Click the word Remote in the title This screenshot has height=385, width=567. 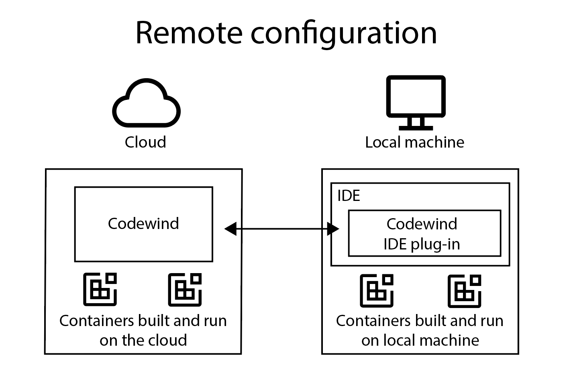tap(189, 33)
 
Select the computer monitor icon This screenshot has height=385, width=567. tap(416, 97)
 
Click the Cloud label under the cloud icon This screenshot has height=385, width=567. tap(145, 142)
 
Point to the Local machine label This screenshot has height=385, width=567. tap(414, 142)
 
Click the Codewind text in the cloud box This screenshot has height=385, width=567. tap(143, 224)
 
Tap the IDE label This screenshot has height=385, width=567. tap(349, 196)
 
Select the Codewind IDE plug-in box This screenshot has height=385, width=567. tap(424, 233)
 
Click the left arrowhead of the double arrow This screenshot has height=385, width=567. tap(230, 229)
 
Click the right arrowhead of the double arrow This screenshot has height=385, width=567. tap(333, 229)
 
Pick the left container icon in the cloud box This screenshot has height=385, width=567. tap(100, 290)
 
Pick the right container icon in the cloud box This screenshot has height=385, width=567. tap(185, 290)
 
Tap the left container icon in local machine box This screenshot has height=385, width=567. tap(377, 291)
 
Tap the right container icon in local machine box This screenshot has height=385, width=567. tap(465, 291)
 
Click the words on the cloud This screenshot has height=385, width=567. tap(143, 340)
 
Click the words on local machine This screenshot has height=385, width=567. tap(420, 340)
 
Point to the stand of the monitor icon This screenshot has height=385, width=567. tap(416, 124)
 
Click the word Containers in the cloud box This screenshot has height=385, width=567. tap(97, 321)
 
